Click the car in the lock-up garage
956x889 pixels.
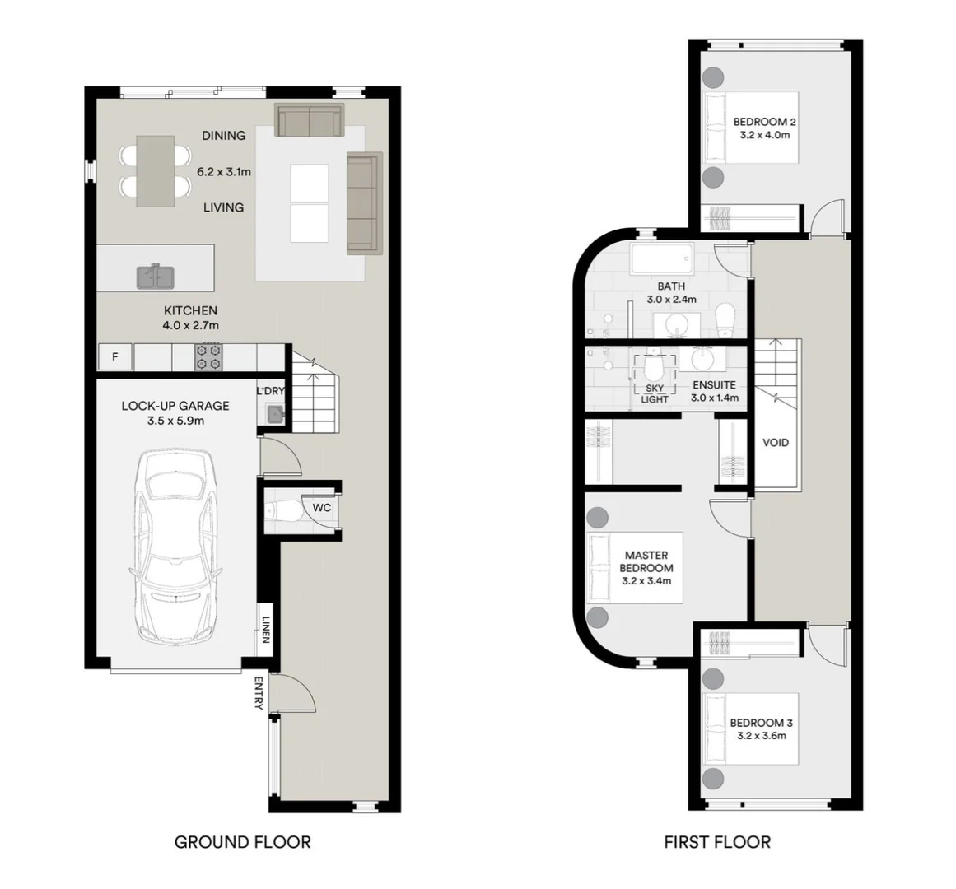[x=175, y=547]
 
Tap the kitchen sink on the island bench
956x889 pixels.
[x=156, y=277]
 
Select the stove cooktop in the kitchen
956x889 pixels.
[x=208, y=357]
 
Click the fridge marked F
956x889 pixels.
[x=115, y=357]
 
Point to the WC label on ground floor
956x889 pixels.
[x=322, y=508]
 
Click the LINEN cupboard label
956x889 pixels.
[x=266, y=630]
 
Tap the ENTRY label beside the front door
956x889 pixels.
[x=259, y=693]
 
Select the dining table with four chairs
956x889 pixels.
[x=155, y=171]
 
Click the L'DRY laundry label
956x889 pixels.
[x=270, y=391]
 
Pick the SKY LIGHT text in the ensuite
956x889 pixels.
[x=655, y=393]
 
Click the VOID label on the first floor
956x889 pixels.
[x=776, y=442]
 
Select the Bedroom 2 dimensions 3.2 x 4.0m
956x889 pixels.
[x=765, y=135]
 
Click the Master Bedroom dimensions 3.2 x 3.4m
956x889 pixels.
[x=646, y=581]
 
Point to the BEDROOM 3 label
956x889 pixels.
[x=762, y=723]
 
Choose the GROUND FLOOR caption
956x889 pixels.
[x=243, y=842]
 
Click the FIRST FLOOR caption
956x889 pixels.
[x=717, y=842]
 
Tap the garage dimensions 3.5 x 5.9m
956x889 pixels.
[x=175, y=421]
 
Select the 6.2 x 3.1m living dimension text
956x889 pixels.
[x=224, y=172]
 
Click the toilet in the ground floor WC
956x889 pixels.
[x=282, y=510]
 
